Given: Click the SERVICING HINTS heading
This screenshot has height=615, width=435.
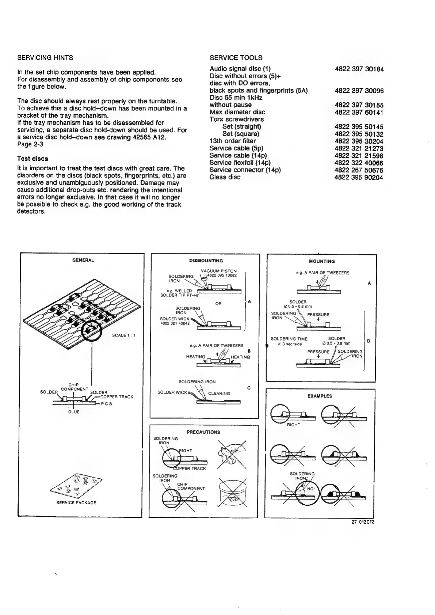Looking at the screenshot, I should point(45,58).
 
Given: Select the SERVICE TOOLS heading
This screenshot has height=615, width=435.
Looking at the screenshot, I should point(236,58).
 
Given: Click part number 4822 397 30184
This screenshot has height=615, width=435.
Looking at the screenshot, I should point(359,69).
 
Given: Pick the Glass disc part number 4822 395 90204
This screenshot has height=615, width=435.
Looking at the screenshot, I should point(359,177).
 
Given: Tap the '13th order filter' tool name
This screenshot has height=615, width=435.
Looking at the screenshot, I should point(233,141).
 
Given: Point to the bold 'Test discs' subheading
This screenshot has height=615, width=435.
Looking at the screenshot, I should point(33,159).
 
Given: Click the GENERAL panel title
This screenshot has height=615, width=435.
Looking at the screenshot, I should point(84,260).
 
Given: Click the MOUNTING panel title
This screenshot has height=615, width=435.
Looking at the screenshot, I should point(321,261).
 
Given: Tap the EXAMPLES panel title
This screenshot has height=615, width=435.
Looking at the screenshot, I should point(320,396).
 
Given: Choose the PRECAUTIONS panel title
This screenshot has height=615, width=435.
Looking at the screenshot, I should point(203,432).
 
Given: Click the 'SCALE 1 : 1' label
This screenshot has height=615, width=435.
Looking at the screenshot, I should point(124,335).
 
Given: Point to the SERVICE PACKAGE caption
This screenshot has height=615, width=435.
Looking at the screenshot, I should point(76,502).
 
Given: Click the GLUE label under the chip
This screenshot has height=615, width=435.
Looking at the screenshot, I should point(74,412).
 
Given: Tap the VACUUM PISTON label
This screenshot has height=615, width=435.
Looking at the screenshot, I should point(219,271).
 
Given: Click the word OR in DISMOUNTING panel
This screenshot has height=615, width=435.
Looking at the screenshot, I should point(218,304).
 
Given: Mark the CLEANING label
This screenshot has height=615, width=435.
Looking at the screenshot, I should point(219,394).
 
